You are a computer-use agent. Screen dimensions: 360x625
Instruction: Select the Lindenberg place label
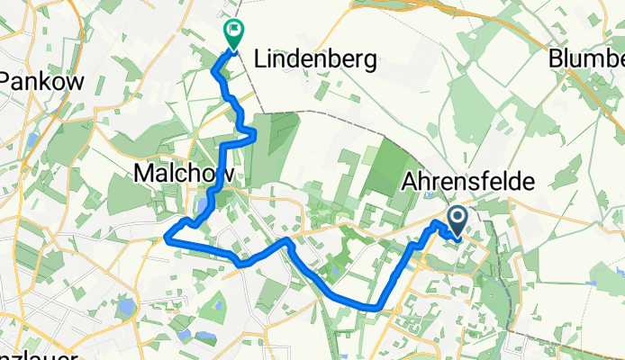(x=314, y=60)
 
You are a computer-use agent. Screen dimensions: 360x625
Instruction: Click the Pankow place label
(x=41, y=81)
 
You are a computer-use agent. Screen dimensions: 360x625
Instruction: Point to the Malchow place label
(x=184, y=172)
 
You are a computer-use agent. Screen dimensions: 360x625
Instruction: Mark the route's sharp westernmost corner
(x=166, y=238)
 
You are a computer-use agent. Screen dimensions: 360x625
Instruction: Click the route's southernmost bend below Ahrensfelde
(x=372, y=307)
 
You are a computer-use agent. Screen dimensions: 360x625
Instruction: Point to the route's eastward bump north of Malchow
(x=255, y=135)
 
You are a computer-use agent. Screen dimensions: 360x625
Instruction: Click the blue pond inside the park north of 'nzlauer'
(x=125, y=309)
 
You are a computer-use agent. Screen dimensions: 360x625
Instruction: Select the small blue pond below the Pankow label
(x=32, y=140)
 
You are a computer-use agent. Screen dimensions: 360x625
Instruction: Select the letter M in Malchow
(x=144, y=172)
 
